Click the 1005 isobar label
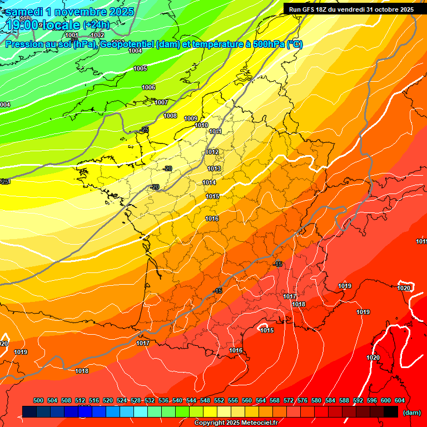pos(140,68)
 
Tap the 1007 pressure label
pos(161,102)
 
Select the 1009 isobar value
pos(191,118)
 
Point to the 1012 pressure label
pos(212,152)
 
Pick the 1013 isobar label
pos(214,168)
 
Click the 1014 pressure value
pos(209,182)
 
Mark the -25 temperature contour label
pos(145,130)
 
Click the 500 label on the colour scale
pos(38,400)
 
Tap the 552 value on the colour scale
pos(219,400)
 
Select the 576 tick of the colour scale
pos(302,400)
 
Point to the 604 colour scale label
pos(399,400)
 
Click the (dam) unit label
pos(411,413)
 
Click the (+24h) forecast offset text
pos(96,24)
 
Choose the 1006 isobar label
pos(148,87)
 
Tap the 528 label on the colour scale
pos(136,400)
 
